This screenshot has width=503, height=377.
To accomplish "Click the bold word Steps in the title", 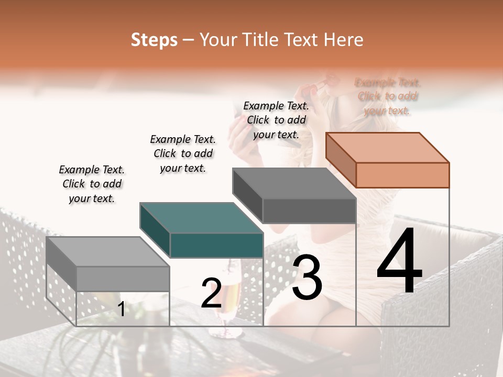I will point(154,40).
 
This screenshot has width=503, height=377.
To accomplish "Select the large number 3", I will point(307,278).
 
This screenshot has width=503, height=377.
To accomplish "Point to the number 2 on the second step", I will point(211,293).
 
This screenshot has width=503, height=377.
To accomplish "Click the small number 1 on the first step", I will point(121,309).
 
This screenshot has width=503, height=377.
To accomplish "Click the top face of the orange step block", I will point(387,148).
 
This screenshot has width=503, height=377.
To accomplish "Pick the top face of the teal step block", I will point(201,218).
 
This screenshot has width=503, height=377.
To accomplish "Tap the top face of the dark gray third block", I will point(294,183).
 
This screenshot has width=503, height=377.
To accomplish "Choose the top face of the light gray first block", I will point(107,252).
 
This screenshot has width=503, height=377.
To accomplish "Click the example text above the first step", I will point(92,184).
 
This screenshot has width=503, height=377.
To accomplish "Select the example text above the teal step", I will point(183,153).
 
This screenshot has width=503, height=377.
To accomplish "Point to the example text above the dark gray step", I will point(276,120).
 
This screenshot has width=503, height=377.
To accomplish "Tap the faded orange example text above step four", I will point(387,96).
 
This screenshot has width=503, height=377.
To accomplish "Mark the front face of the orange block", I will point(402,175).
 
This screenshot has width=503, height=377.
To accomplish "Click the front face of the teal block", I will point(216,246).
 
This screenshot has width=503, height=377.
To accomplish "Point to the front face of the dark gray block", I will point(309,211).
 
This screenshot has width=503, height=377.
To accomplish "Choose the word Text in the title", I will point(302,40).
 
